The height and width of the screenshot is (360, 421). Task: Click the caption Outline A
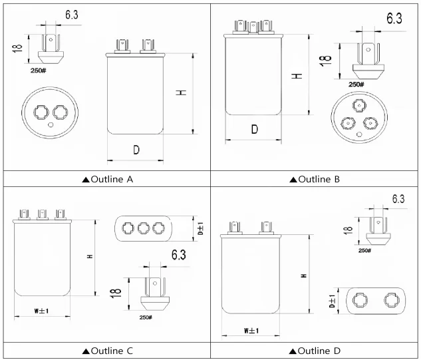point(107,179)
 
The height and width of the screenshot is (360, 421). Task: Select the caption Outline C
point(107,351)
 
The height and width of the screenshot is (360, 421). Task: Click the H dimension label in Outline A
point(180,94)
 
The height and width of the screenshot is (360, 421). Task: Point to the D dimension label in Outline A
point(136,150)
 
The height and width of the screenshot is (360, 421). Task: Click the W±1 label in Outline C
point(42,311)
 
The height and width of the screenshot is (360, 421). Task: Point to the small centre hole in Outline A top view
point(52,124)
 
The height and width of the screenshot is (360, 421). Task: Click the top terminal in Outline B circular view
point(360,105)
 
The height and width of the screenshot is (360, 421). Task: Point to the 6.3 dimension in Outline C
point(179,255)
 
